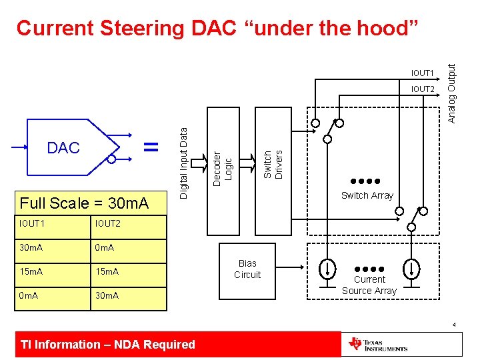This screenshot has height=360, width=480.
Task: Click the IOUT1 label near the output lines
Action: coord(423,73)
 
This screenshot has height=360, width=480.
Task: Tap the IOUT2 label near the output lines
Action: coord(423,89)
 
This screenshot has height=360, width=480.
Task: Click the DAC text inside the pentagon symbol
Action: coord(63,148)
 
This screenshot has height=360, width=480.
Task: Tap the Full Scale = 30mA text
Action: coord(84,203)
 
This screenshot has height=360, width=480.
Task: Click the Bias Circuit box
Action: coord(247,269)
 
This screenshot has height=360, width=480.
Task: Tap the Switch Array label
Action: coord(367,195)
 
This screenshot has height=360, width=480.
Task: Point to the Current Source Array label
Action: coord(369,285)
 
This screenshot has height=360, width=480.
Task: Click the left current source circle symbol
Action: coord(328,269)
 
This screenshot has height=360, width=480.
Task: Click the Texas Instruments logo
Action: coord(379,345)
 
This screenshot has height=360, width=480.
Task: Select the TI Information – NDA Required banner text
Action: coord(108,345)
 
